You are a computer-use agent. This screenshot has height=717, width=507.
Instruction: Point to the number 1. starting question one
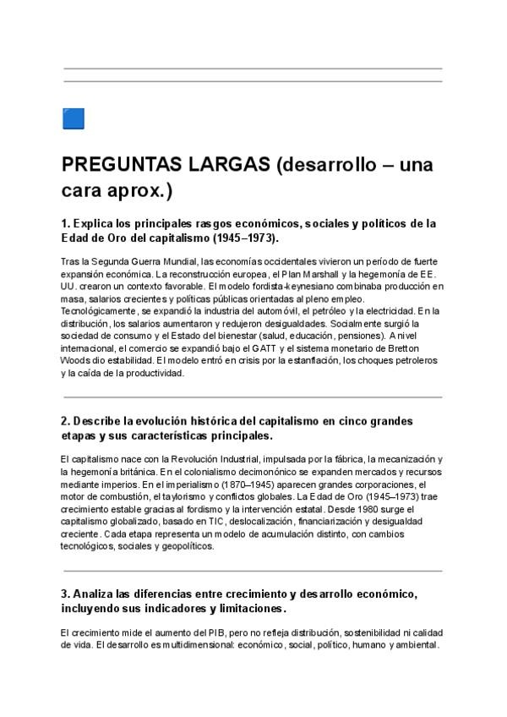(66, 224)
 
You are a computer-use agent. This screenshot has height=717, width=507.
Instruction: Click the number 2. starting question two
(66, 421)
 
